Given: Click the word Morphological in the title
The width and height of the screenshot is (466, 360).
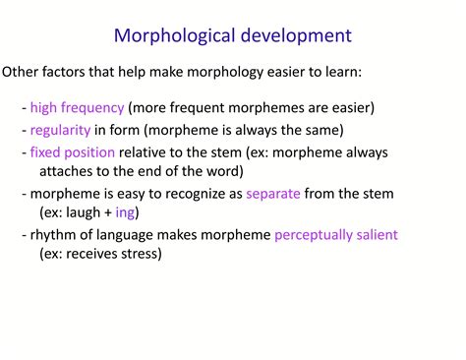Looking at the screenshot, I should point(173,36).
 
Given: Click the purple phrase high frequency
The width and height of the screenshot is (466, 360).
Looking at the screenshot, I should point(77,107).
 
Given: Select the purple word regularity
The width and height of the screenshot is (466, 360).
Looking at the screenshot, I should point(60,130).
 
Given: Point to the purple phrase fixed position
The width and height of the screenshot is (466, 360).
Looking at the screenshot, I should point(72,152).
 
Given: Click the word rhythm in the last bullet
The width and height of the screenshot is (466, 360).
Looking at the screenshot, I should point(54,236).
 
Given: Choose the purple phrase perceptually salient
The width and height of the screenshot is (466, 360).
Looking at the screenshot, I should point(336,236).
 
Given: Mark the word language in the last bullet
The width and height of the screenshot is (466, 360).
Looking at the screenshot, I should point(125,236).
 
